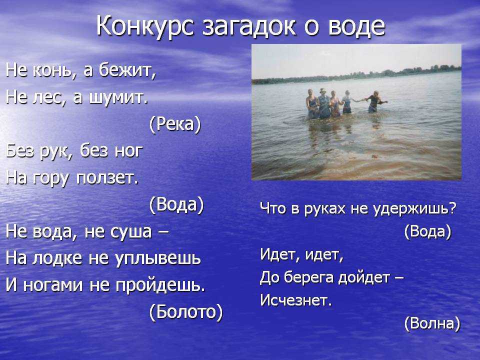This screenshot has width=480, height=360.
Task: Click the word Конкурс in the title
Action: click(145, 26)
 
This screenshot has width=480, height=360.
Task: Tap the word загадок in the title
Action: click(249, 26)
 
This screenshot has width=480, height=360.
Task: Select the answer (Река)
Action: click(175, 124)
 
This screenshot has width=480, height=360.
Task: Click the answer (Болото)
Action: click(186, 311)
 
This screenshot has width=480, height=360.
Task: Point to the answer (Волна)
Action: click(432, 323)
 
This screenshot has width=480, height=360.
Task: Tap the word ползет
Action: click(107, 178)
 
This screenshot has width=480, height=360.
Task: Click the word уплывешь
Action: click(158, 258)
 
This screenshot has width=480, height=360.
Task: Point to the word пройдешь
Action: click(160, 285)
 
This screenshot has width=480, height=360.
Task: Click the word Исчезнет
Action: click(295, 300)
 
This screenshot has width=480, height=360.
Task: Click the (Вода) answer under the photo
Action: click(427, 231)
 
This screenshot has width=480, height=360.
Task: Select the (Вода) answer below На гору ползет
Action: click(176, 204)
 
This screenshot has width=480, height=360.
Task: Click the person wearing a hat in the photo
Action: click(323, 103)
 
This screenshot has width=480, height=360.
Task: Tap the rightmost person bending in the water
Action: click(374, 101)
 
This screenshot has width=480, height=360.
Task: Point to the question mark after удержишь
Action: click(453, 208)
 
